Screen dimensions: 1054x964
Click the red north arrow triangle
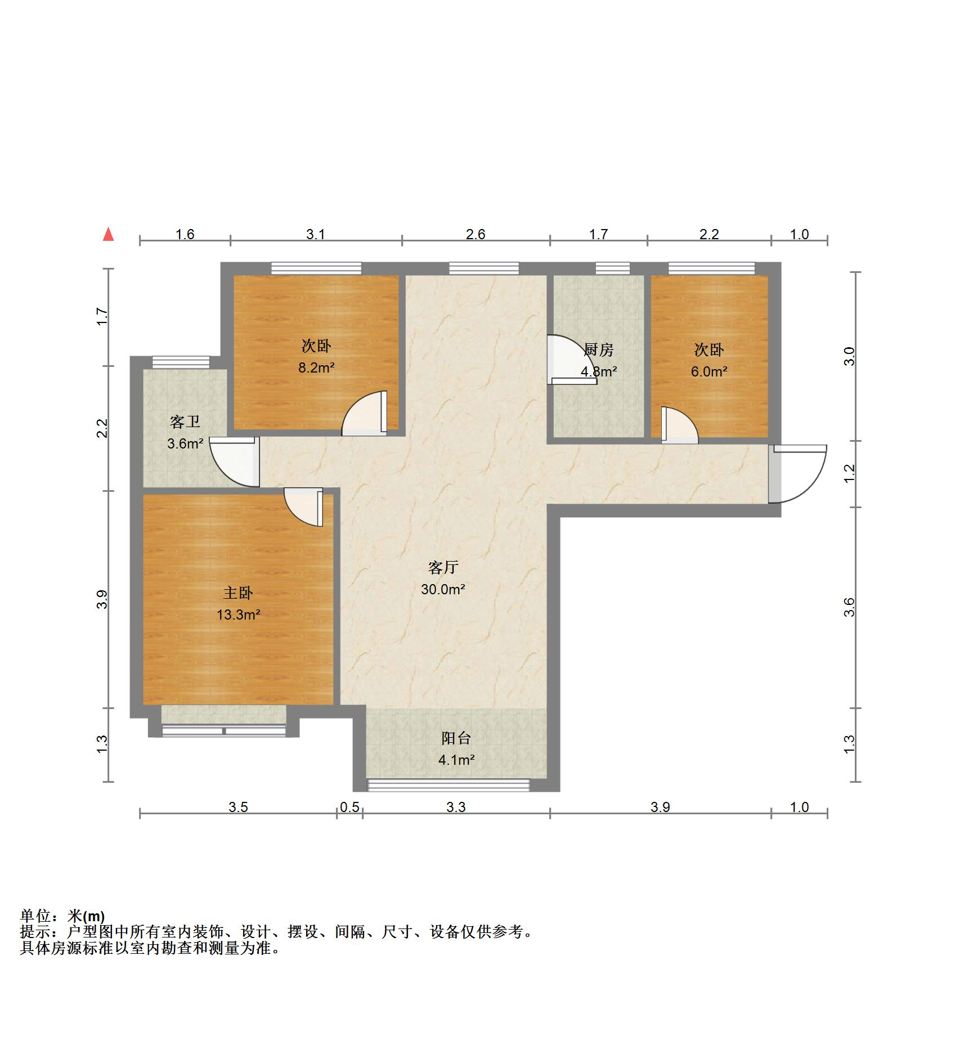[109, 235]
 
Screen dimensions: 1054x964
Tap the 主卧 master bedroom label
[238, 593]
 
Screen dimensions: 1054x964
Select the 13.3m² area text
[238, 615]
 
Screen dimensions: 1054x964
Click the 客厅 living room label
[443, 567]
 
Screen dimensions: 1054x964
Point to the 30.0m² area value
[443, 589]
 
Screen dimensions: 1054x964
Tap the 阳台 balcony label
[456, 738]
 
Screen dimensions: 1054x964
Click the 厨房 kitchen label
[599, 349]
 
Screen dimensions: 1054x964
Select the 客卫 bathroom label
[185, 421]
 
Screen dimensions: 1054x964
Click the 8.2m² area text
[316, 368]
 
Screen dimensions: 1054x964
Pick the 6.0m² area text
[709, 371]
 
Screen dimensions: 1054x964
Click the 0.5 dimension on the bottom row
[349, 808]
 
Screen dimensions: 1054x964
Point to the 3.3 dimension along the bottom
[456, 808]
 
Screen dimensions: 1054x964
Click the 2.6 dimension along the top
[475, 234]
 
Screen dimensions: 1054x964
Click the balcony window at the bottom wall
[449, 784]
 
